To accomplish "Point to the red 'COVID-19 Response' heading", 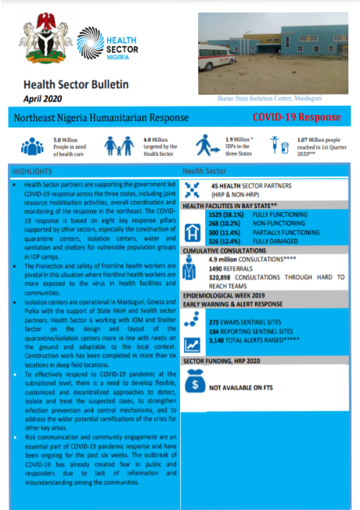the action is point(296,117).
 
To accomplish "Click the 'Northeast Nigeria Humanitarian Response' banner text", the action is point(102,118).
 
